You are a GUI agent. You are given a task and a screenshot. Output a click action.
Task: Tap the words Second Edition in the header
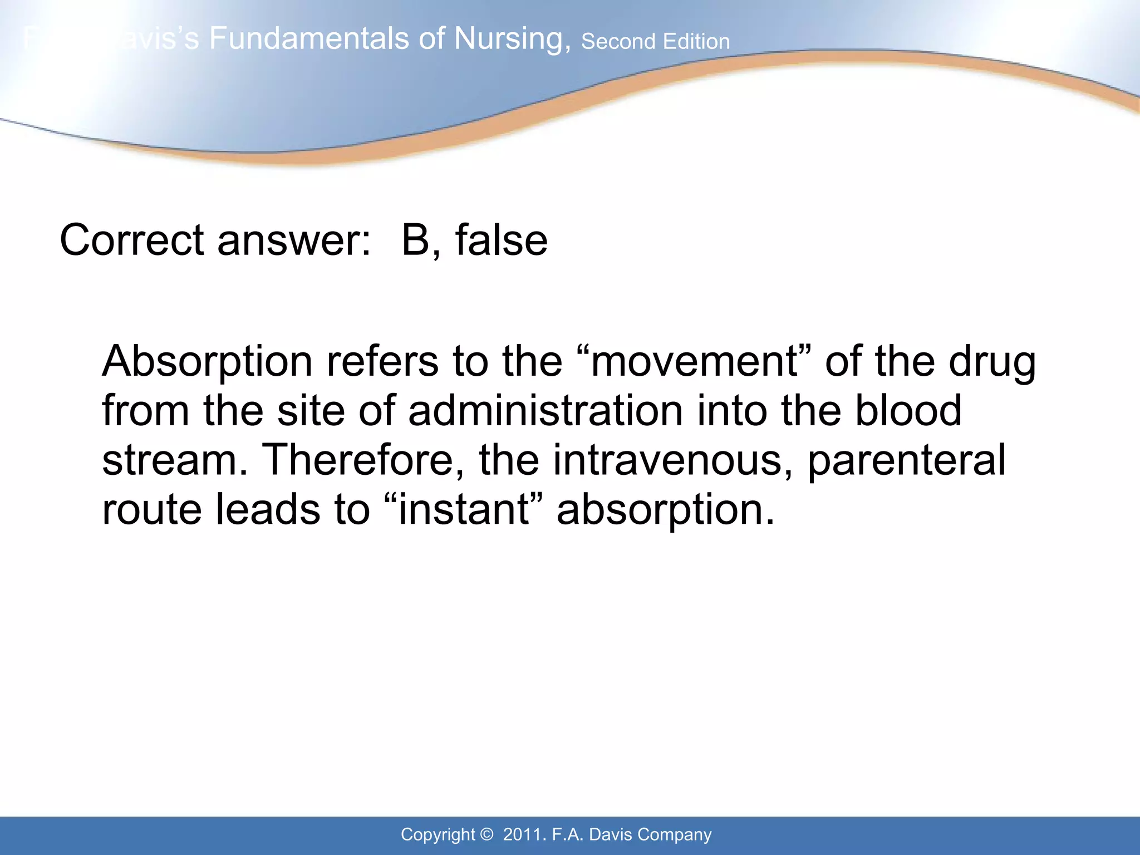655,42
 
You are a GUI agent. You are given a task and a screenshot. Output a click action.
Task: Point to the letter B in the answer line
415,240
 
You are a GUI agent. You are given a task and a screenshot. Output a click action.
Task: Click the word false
501,240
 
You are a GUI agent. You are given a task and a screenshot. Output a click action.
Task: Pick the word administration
545,411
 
